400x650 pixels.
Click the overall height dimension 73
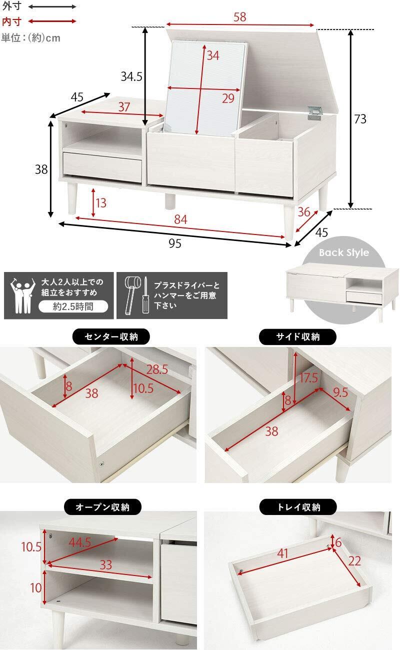[x=360, y=119]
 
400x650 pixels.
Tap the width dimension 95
[x=175, y=243]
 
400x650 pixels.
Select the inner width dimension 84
[x=180, y=219]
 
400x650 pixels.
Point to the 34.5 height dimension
[x=131, y=76]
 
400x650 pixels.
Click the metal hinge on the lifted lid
[x=315, y=112]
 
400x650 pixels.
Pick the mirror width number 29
[x=228, y=98]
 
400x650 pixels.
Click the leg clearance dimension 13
[x=100, y=203]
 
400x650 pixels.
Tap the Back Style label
[x=344, y=252]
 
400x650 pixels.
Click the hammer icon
[x=131, y=295]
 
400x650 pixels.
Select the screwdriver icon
[x=145, y=295]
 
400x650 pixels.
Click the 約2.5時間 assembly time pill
[x=73, y=306]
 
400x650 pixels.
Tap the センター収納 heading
[x=111, y=336]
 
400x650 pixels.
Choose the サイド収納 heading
[x=297, y=336]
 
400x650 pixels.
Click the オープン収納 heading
[x=102, y=507]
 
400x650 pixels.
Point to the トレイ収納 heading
[x=298, y=507]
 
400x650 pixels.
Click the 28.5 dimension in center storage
[x=157, y=369]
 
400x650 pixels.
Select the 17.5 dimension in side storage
[x=308, y=378]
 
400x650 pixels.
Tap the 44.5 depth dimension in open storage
[x=80, y=542]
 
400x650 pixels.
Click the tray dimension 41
[x=282, y=553]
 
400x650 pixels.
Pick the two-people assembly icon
[x=22, y=295]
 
